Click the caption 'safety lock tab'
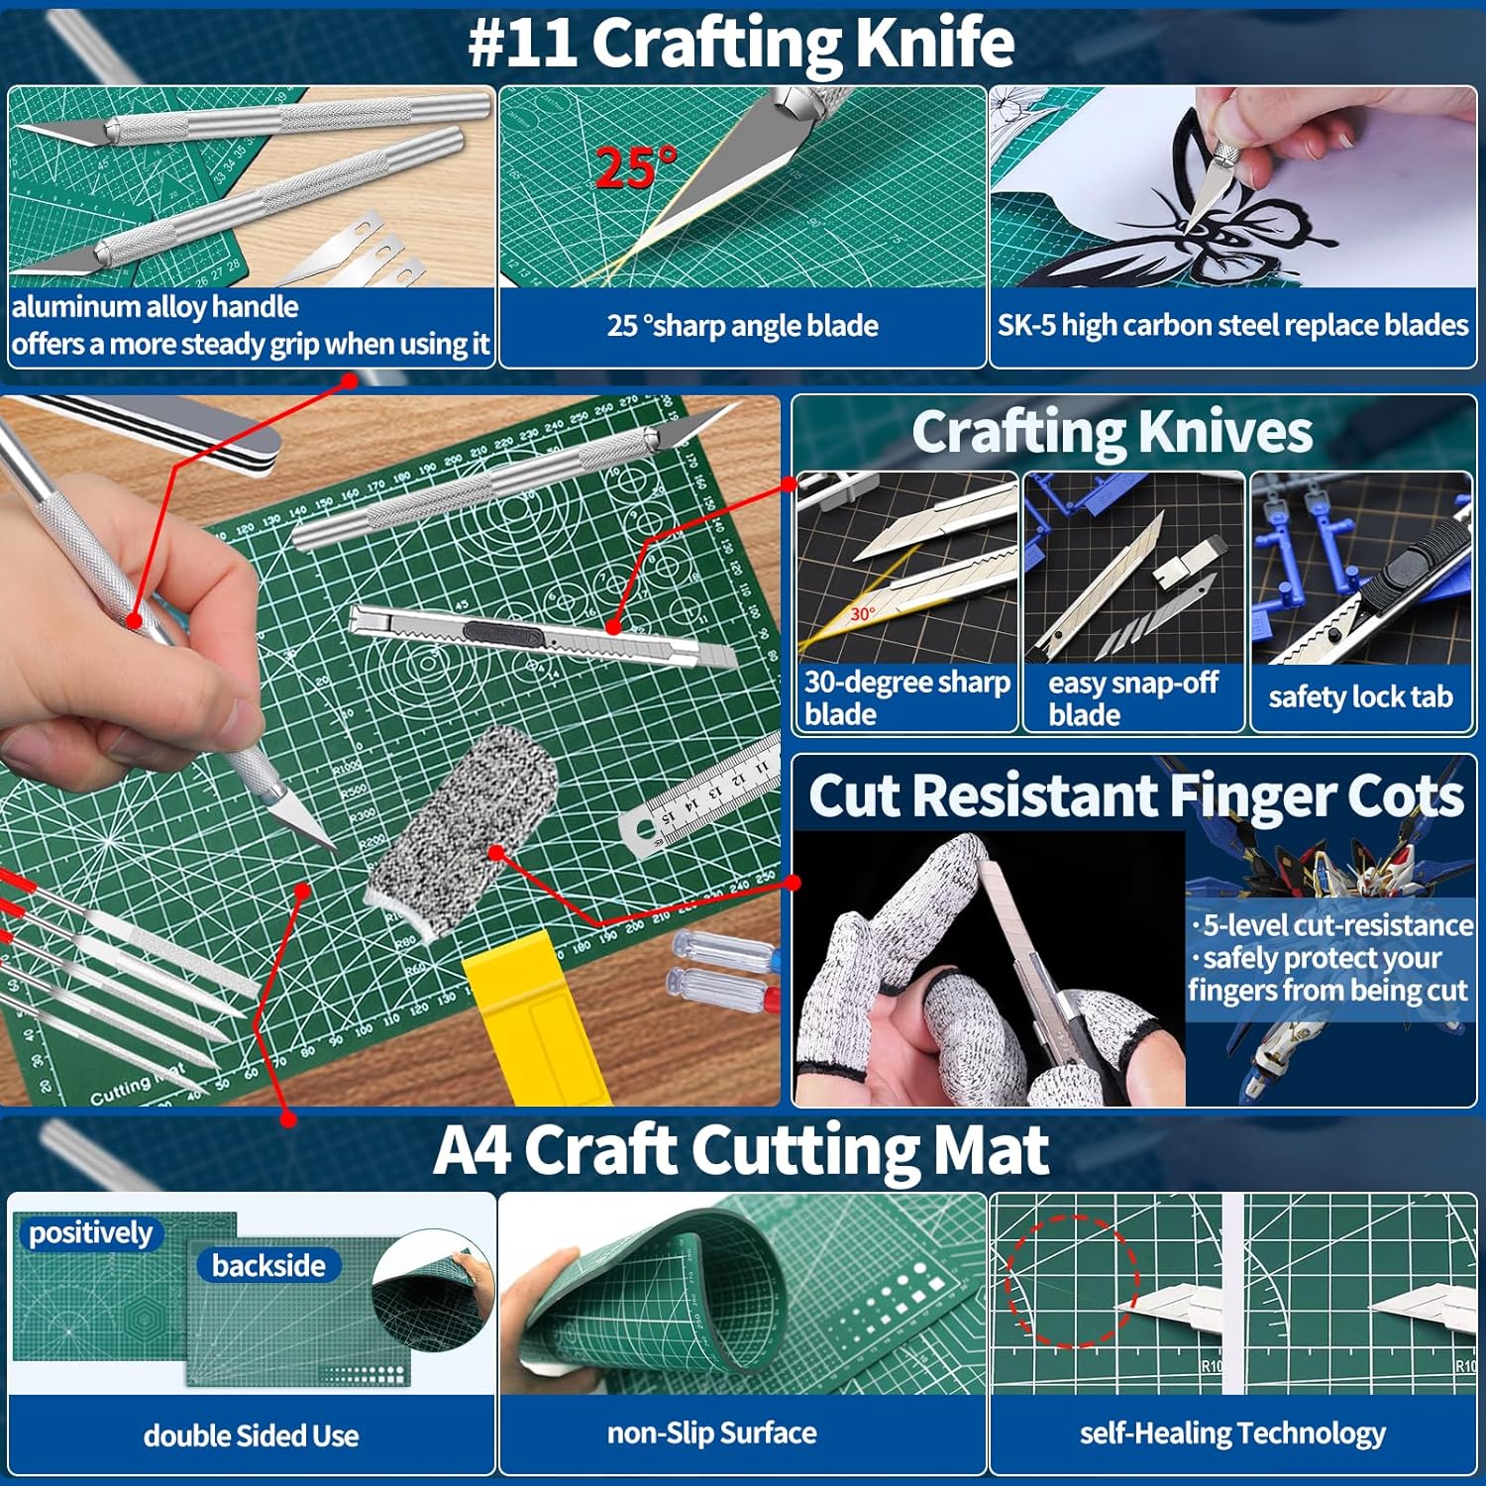point(1360,696)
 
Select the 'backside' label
point(268,1265)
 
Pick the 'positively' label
point(90,1232)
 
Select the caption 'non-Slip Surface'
point(711,1433)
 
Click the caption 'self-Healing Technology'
point(1232,1433)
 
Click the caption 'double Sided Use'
point(251,1435)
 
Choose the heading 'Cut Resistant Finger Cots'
point(1135,796)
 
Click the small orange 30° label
point(862,614)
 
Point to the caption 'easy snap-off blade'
point(1132,698)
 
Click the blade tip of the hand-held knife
point(333,847)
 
